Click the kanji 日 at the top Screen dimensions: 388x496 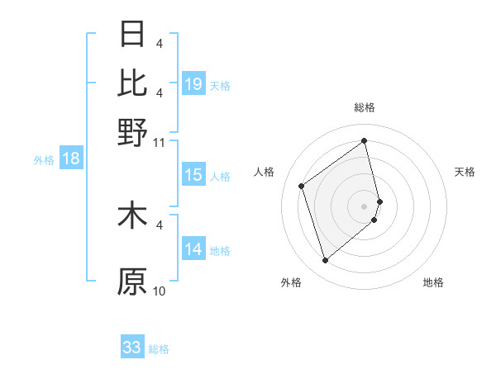[x=133, y=35]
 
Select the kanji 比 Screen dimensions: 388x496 [x=133, y=83]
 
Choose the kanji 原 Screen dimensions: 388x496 [x=133, y=282]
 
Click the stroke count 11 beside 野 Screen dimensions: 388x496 [x=160, y=142]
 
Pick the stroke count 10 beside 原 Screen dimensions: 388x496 [x=160, y=291]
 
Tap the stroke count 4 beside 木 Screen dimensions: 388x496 [x=160, y=225]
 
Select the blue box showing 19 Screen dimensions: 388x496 [x=193, y=84]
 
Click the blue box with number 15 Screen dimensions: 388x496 [x=193, y=176]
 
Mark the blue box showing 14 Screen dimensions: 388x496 [x=193, y=250]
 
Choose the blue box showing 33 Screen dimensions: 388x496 [x=132, y=348]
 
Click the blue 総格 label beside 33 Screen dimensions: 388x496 [x=159, y=349]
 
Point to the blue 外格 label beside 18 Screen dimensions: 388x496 [x=43, y=160]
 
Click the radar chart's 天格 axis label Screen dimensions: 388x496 [x=465, y=172]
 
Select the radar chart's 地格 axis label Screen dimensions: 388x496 [x=433, y=282]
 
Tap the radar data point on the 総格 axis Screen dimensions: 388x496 [x=365, y=140]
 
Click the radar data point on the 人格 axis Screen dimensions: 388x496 [x=302, y=186]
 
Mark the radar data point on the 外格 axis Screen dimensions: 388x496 [x=325, y=261]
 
